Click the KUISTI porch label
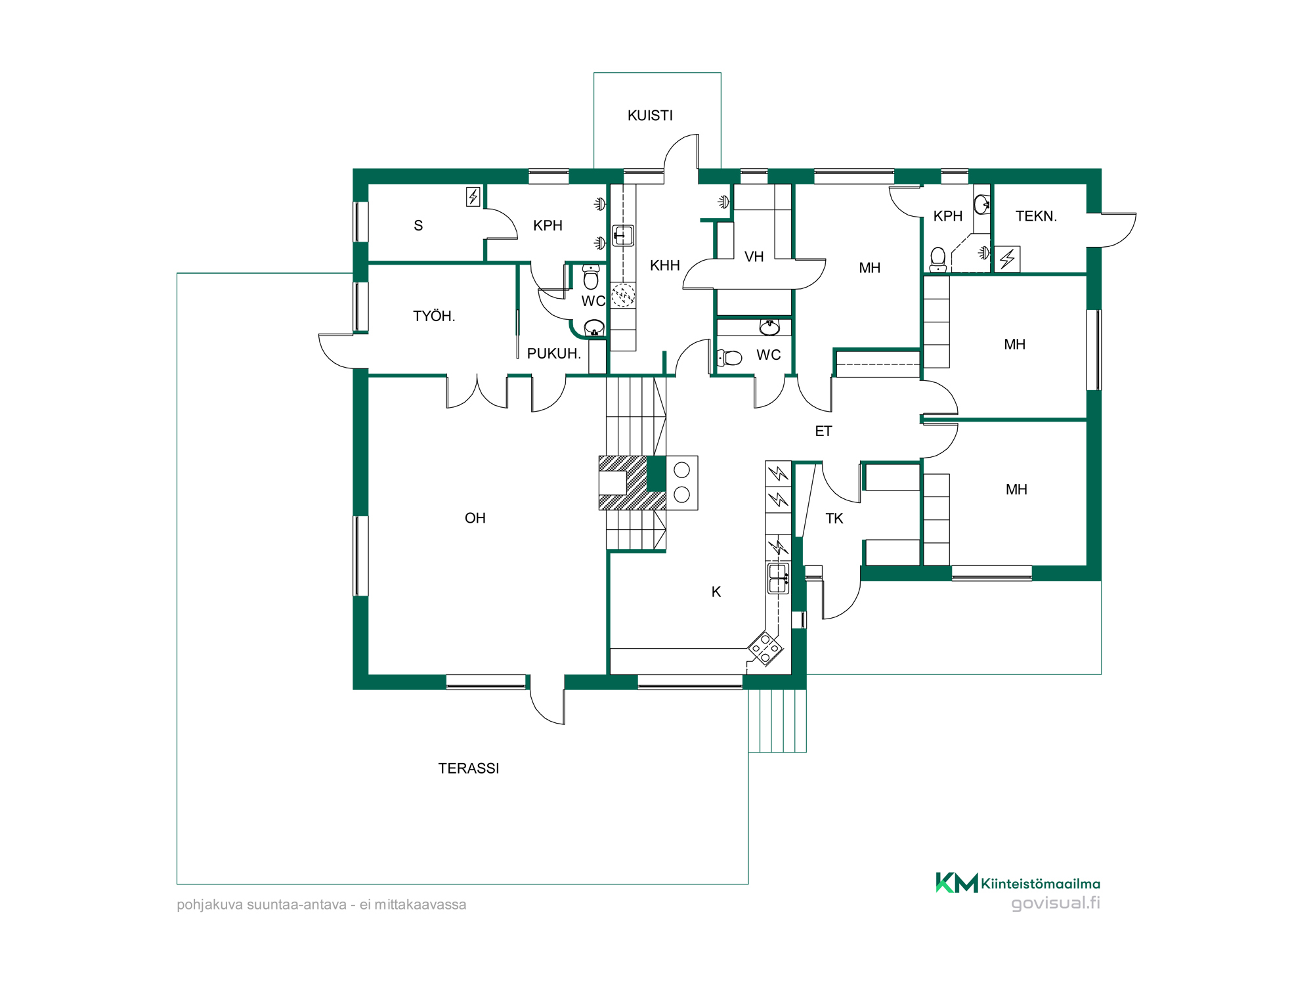point(650,116)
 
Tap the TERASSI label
point(469,768)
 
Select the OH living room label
point(475,518)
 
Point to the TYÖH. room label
point(434,316)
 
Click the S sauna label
point(418,226)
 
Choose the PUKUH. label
point(554,353)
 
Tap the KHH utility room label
point(665,265)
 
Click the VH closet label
point(754,257)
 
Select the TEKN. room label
point(1037,216)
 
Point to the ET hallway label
point(823,431)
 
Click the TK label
point(834,519)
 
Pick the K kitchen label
point(716,592)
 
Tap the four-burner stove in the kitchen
point(765,648)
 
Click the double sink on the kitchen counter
point(779,579)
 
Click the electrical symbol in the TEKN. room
point(1007,259)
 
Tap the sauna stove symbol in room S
point(473,196)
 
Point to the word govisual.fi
point(1056,903)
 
